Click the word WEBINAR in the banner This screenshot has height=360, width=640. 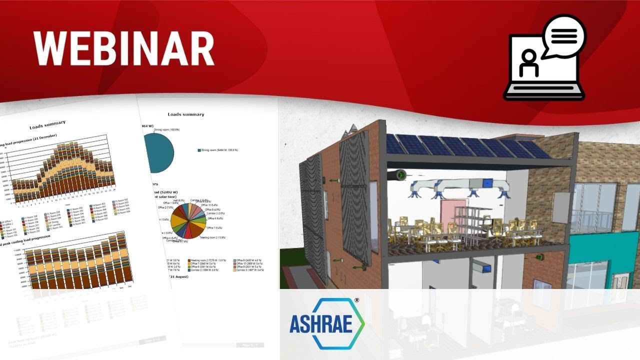tap(124, 48)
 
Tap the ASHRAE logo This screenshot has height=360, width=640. tap(327, 323)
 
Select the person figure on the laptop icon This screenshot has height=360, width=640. tap(528, 64)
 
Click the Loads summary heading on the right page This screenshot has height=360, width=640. tap(185, 114)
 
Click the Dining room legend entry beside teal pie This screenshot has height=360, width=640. tap(218, 150)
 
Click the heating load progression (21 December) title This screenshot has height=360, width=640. tap(30, 136)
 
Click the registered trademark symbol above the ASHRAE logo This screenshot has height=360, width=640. tap(356, 301)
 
